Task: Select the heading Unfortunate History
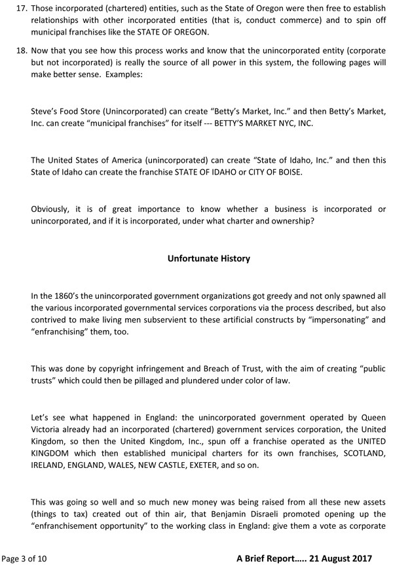point(209,258)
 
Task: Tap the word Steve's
point(46,111)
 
